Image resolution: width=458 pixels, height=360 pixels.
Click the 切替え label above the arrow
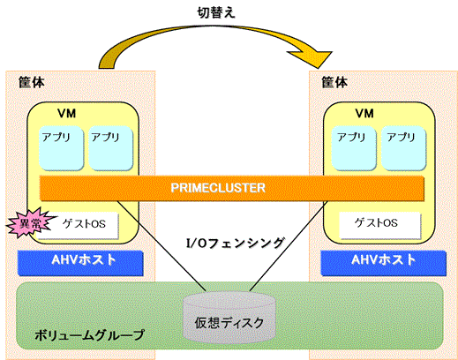[x=216, y=12]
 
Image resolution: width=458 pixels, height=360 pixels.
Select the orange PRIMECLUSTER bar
[x=232, y=188]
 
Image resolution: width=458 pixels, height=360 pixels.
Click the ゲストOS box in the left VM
[x=79, y=225]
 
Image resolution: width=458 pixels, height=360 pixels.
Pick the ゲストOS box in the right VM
[x=379, y=225]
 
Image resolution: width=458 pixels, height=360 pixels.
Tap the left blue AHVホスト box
[x=80, y=263]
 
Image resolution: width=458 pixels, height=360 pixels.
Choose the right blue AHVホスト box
[x=383, y=263]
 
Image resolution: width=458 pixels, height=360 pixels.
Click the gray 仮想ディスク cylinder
[x=229, y=318]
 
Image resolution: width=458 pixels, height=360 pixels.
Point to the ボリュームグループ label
[x=90, y=335]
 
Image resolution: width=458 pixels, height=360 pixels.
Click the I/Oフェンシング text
[x=236, y=243]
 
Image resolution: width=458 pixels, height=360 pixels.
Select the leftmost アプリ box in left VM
[x=62, y=148]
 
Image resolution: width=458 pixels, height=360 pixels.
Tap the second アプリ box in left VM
[x=110, y=148]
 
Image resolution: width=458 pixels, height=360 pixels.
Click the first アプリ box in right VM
[x=354, y=148]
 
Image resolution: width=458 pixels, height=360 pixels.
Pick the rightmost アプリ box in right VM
[x=403, y=148]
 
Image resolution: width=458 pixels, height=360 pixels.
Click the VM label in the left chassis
[x=67, y=114]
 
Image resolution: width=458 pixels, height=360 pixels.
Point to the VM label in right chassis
[x=364, y=114]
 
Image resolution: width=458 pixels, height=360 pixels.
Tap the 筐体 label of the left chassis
[x=32, y=82]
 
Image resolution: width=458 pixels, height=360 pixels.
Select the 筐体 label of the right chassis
[x=334, y=82]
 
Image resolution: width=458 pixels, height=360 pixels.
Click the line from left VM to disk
[x=161, y=246]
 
